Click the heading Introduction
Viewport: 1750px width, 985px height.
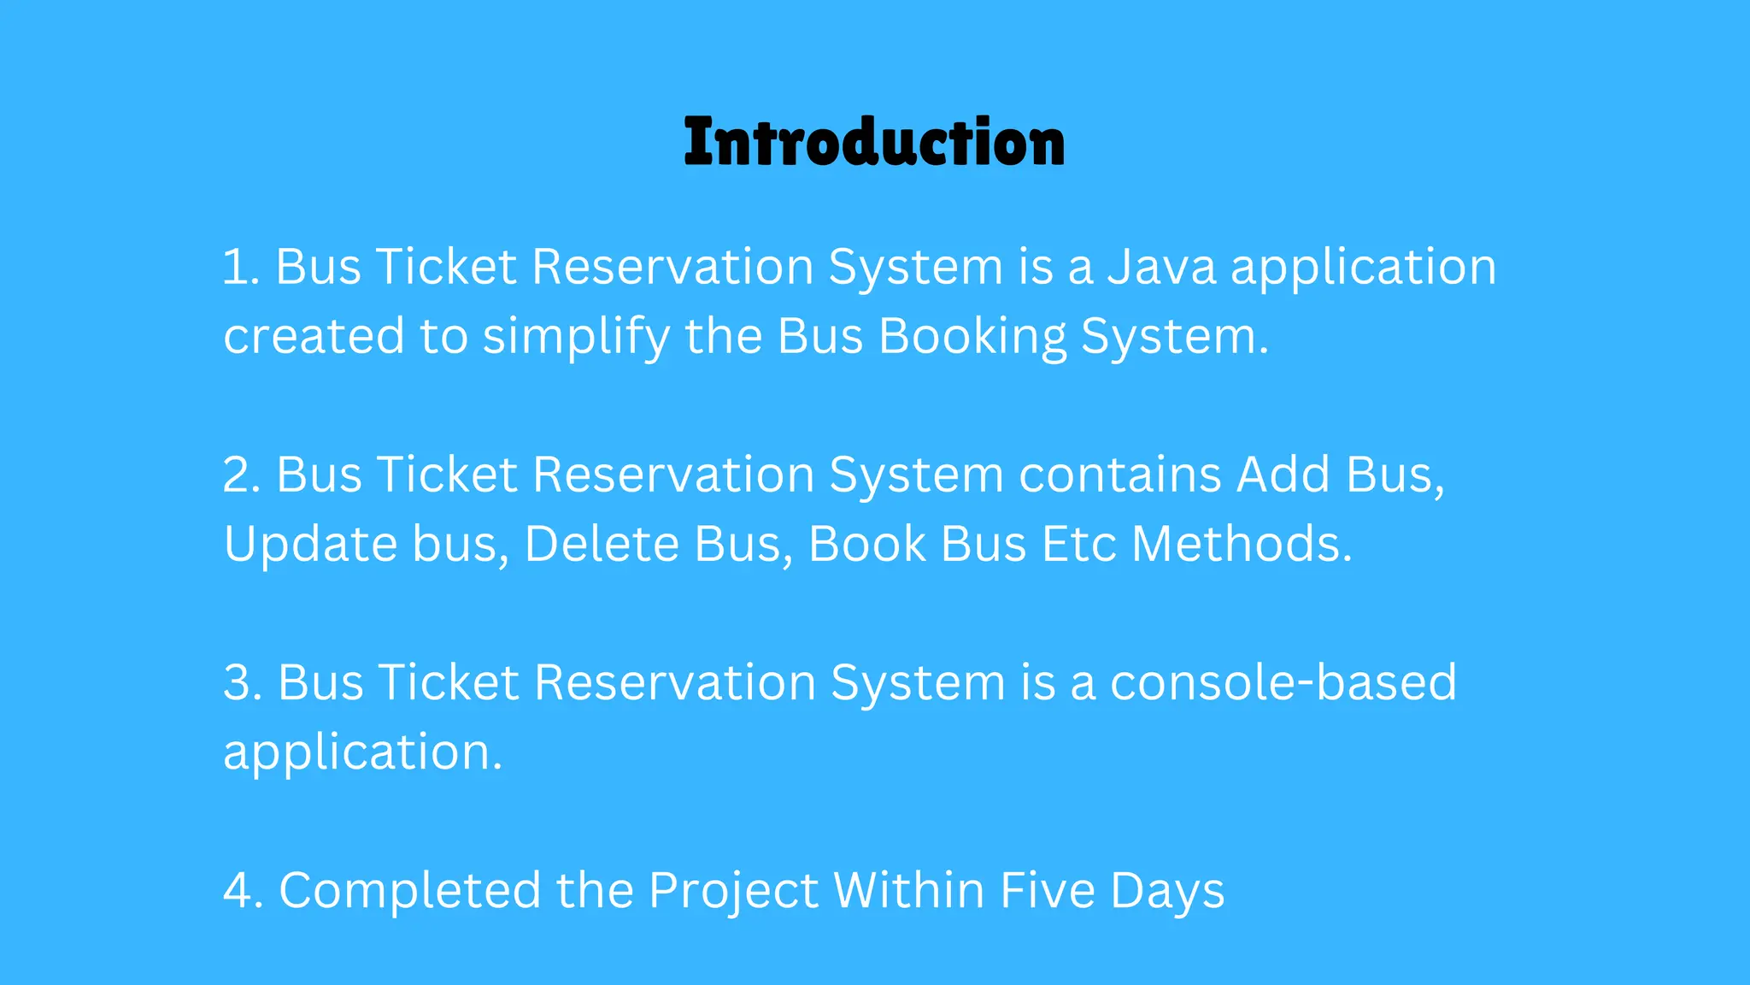[x=874, y=142]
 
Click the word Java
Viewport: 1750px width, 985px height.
[x=1161, y=267]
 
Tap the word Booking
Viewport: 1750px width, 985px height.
[x=972, y=337]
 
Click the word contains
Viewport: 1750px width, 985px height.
[x=1120, y=475]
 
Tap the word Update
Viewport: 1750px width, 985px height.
[x=310, y=545]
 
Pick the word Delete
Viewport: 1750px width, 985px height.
[x=601, y=544]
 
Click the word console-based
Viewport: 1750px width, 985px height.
[x=1283, y=683]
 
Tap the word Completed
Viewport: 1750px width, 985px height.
[x=410, y=891]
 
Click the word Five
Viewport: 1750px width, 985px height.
[x=1047, y=891]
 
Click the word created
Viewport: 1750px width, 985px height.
[x=314, y=337]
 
